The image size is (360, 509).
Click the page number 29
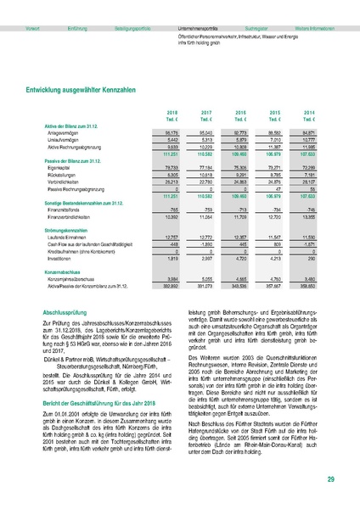pos(329,480)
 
